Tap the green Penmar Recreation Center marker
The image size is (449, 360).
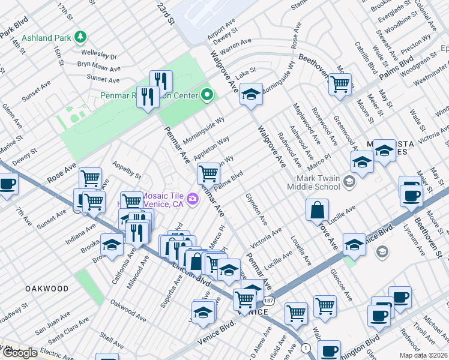coord(208,95)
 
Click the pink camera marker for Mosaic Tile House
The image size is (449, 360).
coord(193,198)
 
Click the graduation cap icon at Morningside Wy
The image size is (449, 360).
coord(251,94)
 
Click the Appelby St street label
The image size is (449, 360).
coord(126,170)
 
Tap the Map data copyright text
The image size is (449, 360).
coord(424,355)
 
